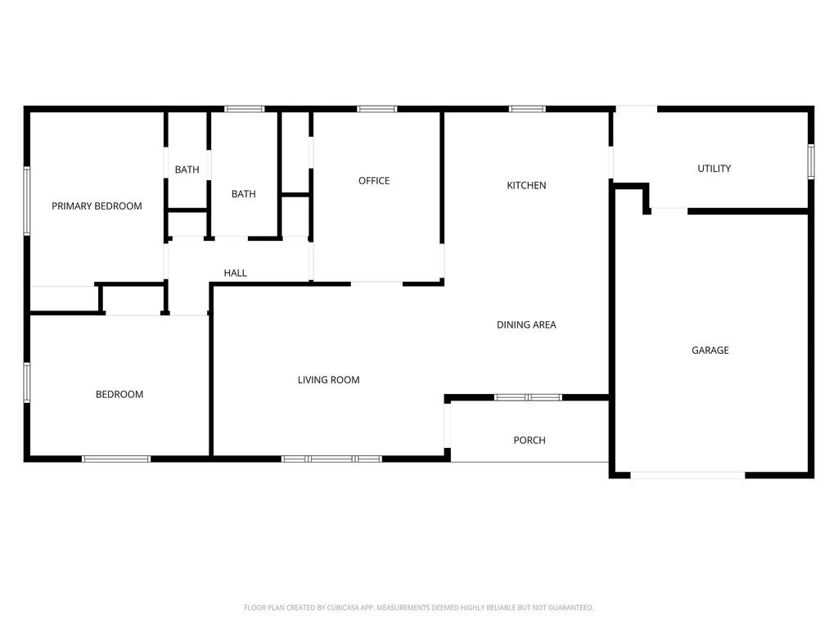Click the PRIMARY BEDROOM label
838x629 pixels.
pyautogui.click(x=97, y=206)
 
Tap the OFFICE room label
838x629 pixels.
pyautogui.click(x=374, y=181)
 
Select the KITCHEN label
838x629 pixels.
pyautogui.click(x=526, y=185)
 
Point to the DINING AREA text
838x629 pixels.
pyautogui.click(x=526, y=324)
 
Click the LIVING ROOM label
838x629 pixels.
pyautogui.click(x=329, y=380)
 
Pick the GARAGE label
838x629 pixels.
pyautogui.click(x=710, y=351)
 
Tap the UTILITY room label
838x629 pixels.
pyautogui.click(x=714, y=169)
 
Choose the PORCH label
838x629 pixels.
pyautogui.click(x=529, y=440)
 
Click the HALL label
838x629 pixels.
pyautogui.click(x=235, y=273)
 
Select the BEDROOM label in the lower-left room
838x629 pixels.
pyautogui.click(x=119, y=394)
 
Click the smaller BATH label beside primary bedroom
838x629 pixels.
pyautogui.click(x=187, y=170)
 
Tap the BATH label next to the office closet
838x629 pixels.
pyautogui.click(x=244, y=193)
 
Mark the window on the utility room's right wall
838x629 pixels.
pyautogui.click(x=811, y=161)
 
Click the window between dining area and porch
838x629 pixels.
pyautogui.click(x=528, y=397)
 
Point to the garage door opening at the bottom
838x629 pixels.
pyautogui.click(x=687, y=475)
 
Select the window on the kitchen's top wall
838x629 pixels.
pyautogui.click(x=527, y=109)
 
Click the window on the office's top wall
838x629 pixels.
pyautogui.click(x=377, y=109)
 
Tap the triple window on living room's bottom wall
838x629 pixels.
pyautogui.click(x=332, y=459)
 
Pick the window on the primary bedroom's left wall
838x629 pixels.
pyautogui.click(x=27, y=201)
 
